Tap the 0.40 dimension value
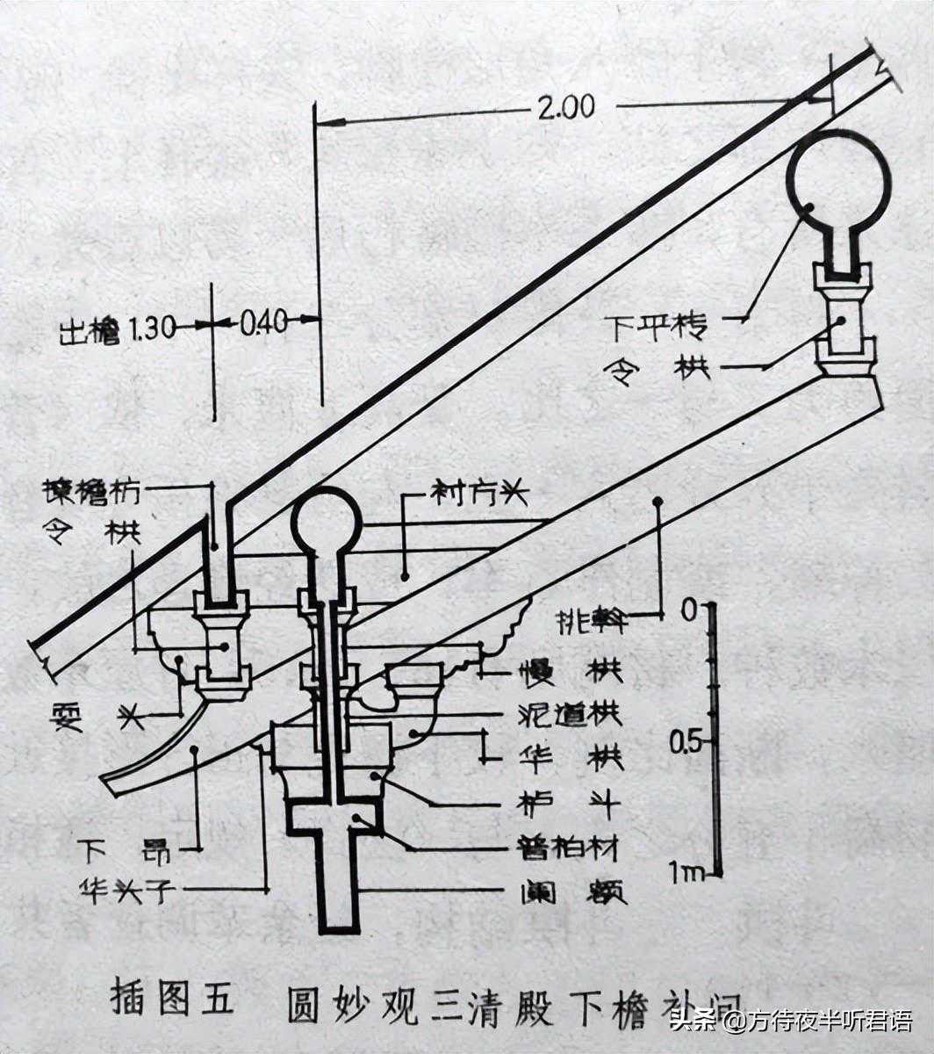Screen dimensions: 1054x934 263,323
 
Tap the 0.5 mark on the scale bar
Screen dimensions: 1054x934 685,743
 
